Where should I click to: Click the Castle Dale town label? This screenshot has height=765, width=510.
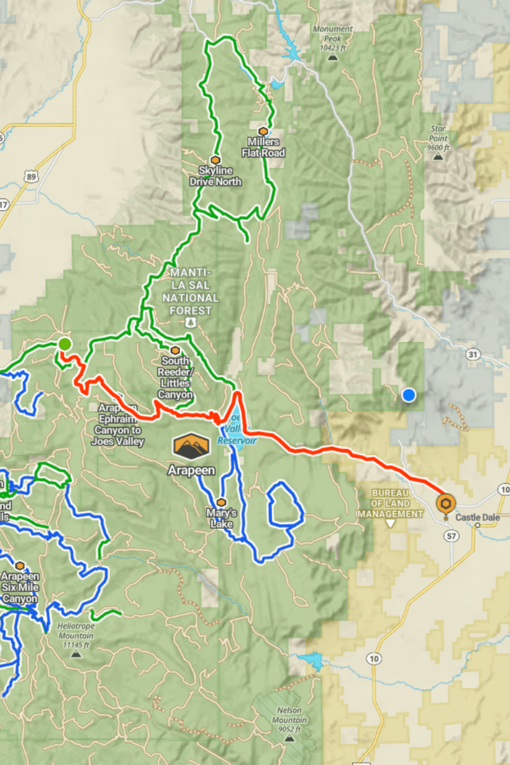coord(477,517)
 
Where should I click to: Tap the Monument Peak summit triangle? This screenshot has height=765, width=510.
coord(333,57)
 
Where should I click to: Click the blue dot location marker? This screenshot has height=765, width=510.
coord(409,395)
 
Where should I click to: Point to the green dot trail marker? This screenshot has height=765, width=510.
coord(65,344)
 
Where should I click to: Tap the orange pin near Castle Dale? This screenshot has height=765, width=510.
coord(446,504)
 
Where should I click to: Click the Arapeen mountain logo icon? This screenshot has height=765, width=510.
coord(191,447)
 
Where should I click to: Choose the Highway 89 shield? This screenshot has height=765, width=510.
coord(32,177)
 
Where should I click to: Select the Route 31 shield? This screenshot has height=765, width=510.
coord(473,354)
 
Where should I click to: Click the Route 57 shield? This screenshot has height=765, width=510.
coord(451,535)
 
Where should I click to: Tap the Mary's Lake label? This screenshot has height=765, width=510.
coord(221,518)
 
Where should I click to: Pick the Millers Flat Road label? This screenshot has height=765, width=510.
coord(263,147)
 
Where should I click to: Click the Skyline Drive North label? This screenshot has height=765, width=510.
coord(215,176)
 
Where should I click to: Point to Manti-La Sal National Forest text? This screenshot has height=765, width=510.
coord(190,291)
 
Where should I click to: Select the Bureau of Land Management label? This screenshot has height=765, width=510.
coord(390,503)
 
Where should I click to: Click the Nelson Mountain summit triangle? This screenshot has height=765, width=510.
coord(290,737)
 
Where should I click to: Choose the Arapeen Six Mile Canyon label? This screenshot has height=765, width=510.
coord(20,587)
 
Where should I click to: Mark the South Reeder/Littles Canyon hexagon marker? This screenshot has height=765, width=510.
coord(175,350)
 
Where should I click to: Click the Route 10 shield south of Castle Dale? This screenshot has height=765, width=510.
coord(374,658)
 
